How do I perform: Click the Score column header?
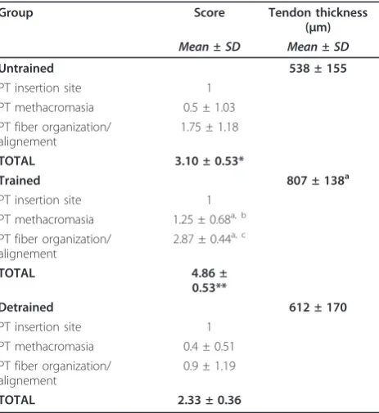click(210, 13)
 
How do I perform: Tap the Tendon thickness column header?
click(318, 13)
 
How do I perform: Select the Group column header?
click(16, 13)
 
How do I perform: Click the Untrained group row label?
click(27, 68)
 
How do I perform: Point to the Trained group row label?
click(20, 181)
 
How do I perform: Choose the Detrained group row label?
click(27, 308)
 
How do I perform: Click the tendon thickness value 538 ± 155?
click(318, 69)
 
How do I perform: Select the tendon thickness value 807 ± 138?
click(318, 181)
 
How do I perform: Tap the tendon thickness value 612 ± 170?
click(318, 308)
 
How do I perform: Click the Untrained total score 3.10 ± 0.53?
click(210, 161)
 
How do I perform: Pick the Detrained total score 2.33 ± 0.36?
click(210, 400)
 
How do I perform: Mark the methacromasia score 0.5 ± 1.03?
click(209, 107)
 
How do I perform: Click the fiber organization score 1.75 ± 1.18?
click(210, 127)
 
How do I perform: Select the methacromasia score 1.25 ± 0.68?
click(210, 219)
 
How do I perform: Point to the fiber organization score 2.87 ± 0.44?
click(210, 239)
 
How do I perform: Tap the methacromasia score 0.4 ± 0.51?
click(209, 347)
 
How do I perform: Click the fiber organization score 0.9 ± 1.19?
click(210, 366)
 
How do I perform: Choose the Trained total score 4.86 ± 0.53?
click(210, 281)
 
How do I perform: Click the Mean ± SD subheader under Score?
click(210, 47)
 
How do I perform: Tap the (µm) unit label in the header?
click(318, 27)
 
